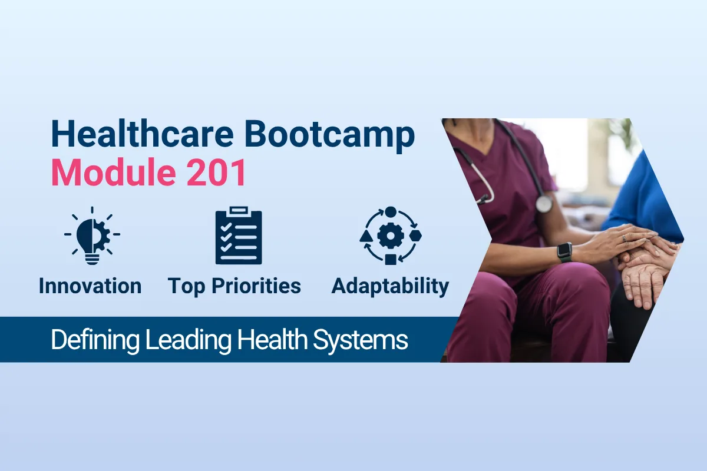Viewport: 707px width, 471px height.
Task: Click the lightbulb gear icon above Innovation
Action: [91, 234]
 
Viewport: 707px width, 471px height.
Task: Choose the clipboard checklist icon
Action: [239, 235]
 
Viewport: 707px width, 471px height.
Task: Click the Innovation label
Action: [90, 286]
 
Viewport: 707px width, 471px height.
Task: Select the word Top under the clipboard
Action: [187, 286]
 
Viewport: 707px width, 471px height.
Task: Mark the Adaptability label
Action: [390, 286]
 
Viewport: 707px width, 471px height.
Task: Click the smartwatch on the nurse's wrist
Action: [564, 252]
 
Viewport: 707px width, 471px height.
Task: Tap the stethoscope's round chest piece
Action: [544, 204]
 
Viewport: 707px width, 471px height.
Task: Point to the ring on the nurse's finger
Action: [623, 238]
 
